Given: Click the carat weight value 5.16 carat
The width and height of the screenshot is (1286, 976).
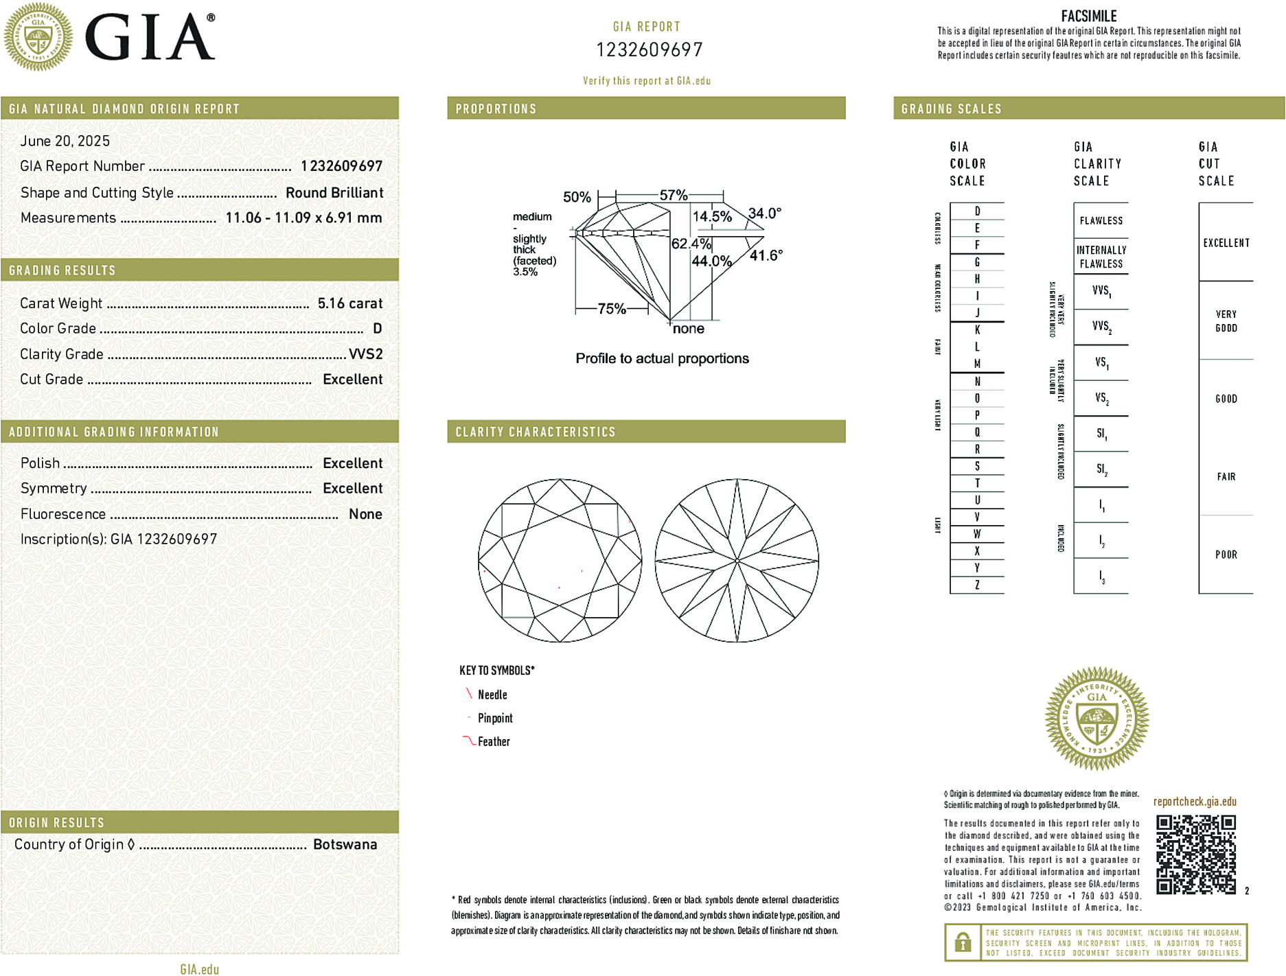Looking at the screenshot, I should tap(349, 303).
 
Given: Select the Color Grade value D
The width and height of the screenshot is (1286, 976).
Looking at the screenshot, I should tap(377, 329).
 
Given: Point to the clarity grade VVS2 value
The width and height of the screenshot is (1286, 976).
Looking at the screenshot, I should tap(365, 354).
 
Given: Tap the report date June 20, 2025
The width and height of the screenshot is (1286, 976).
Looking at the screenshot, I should tap(65, 141).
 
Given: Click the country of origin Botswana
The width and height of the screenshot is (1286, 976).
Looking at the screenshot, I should tap(345, 844).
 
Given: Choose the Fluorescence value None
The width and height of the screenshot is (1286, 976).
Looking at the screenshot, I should tap(365, 514).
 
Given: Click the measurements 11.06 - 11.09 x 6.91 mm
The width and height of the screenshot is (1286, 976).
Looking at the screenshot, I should tap(303, 218).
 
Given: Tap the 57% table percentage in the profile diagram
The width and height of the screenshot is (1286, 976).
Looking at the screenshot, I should tap(673, 196).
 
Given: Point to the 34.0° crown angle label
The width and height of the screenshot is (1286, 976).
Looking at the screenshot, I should tap(765, 213).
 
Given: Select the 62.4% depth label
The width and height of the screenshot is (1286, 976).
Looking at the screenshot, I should tap(691, 244).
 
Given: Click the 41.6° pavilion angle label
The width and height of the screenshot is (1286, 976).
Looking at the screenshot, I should tap(766, 255).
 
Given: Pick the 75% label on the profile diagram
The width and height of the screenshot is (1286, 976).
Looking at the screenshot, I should tap(611, 309).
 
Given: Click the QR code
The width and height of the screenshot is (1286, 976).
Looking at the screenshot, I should tap(1195, 855).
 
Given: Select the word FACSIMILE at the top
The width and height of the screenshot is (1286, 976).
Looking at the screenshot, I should tap(1089, 16).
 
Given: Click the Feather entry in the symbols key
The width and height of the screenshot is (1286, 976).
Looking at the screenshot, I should tap(494, 741).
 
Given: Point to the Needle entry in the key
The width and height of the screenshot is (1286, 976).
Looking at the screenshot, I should tap(492, 695).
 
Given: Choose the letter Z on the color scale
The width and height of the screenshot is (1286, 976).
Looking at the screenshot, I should tap(977, 585).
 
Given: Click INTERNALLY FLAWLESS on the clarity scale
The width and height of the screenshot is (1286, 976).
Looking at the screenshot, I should tap(1101, 257).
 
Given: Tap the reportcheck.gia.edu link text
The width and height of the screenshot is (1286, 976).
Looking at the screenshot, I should tap(1195, 801).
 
